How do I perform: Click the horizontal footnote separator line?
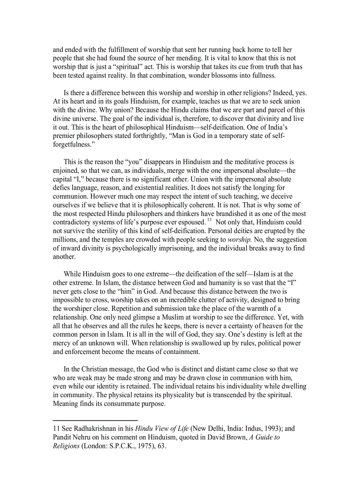[95, 421]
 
